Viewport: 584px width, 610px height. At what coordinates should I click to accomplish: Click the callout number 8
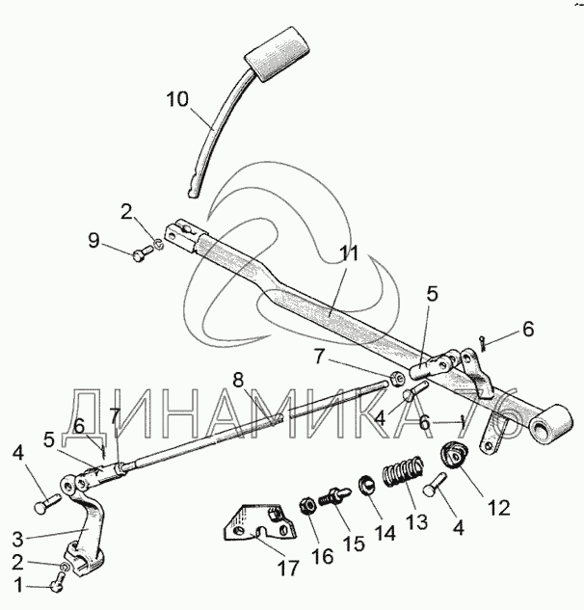[238, 378]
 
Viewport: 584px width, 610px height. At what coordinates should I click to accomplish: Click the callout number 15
[356, 543]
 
